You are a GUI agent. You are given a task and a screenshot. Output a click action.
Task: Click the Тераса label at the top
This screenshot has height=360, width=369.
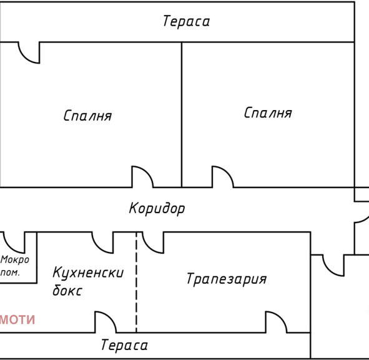tap(186, 21)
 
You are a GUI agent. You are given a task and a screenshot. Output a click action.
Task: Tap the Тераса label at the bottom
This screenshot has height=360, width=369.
tap(124, 345)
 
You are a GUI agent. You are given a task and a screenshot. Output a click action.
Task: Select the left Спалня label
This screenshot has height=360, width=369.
tap(87, 116)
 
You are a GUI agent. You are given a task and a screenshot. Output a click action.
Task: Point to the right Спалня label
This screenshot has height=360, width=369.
tap(268, 112)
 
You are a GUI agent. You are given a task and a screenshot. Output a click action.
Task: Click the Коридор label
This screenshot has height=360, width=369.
tap(157, 208)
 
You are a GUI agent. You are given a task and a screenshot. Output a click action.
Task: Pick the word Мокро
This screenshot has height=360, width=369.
tap(15, 260)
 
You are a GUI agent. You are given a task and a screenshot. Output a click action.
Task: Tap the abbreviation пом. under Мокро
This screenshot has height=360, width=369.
tap(10, 272)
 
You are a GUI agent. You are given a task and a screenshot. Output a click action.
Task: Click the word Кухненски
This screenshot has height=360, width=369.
tap(88, 272)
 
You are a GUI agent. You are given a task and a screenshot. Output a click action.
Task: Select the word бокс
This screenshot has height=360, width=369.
tap(67, 290)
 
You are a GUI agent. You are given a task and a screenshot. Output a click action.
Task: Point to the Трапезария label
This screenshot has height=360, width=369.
tap(227, 279)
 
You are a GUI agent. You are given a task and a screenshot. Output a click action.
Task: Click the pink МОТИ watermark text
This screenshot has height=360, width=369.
tap(17, 320)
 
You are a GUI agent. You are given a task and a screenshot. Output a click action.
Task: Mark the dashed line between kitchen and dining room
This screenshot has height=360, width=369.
tap(136, 282)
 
